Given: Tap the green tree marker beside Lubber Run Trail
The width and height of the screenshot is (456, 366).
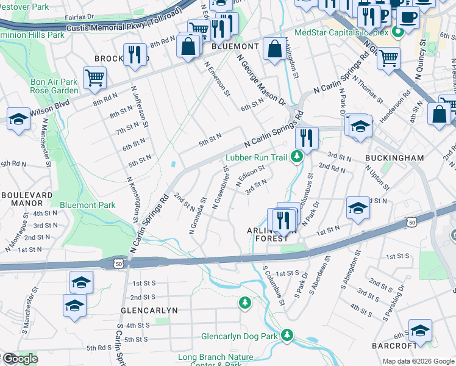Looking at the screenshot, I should (x=297, y=157).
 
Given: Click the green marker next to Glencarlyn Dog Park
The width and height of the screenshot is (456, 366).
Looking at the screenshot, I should (x=287, y=335).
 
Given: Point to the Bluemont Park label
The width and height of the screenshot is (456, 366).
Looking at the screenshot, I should (x=88, y=206).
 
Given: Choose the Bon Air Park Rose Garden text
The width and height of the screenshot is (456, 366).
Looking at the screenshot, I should (x=54, y=86).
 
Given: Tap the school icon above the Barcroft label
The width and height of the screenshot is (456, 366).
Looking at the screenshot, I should (x=420, y=331).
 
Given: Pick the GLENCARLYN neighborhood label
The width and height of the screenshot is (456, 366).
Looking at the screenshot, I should (x=149, y=310).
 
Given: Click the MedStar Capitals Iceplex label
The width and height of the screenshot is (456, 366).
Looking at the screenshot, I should (x=341, y=32).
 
